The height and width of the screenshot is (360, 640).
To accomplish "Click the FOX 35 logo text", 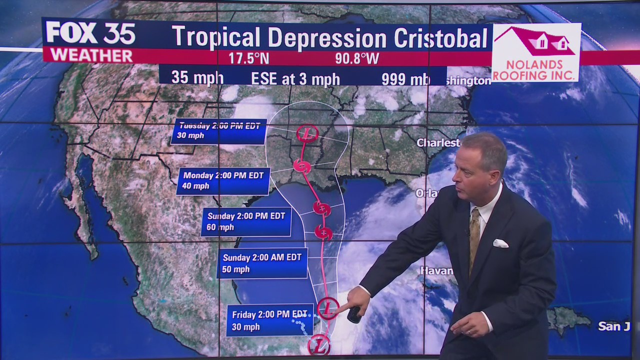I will [90, 33].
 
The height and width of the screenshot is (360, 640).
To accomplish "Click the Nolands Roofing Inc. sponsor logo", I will [536, 52].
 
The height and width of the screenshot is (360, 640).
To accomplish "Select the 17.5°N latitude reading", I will [249, 58].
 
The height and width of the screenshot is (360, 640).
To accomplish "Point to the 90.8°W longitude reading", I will [357, 58].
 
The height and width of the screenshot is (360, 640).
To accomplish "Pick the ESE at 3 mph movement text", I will [295, 79].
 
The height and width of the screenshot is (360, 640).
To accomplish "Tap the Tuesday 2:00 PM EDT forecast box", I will [219, 131].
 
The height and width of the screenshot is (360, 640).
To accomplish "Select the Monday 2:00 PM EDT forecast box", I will [223, 181].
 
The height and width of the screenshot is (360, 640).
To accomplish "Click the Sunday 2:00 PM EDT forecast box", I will [246, 221].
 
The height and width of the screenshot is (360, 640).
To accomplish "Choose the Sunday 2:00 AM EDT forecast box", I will [262, 263].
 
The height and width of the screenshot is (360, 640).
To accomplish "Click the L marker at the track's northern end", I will [307, 134].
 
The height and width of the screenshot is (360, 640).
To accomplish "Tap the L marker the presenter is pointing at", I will [327, 308].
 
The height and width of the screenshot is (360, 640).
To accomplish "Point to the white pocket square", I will [500, 243].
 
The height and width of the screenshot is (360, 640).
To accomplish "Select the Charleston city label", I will [438, 143].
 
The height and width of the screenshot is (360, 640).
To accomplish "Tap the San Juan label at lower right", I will [613, 326].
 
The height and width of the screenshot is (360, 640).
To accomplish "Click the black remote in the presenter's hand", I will [354, 314].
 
